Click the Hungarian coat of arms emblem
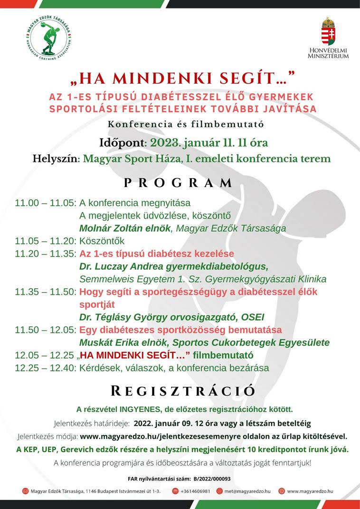[x=328, y=31]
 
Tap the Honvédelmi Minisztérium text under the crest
[x=328, y=53]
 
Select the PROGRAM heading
[x=179, y=183]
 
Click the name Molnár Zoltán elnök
[x=125, y=228]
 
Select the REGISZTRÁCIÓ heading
[x=183, y=391]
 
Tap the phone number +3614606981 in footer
[x=195, y=491]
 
